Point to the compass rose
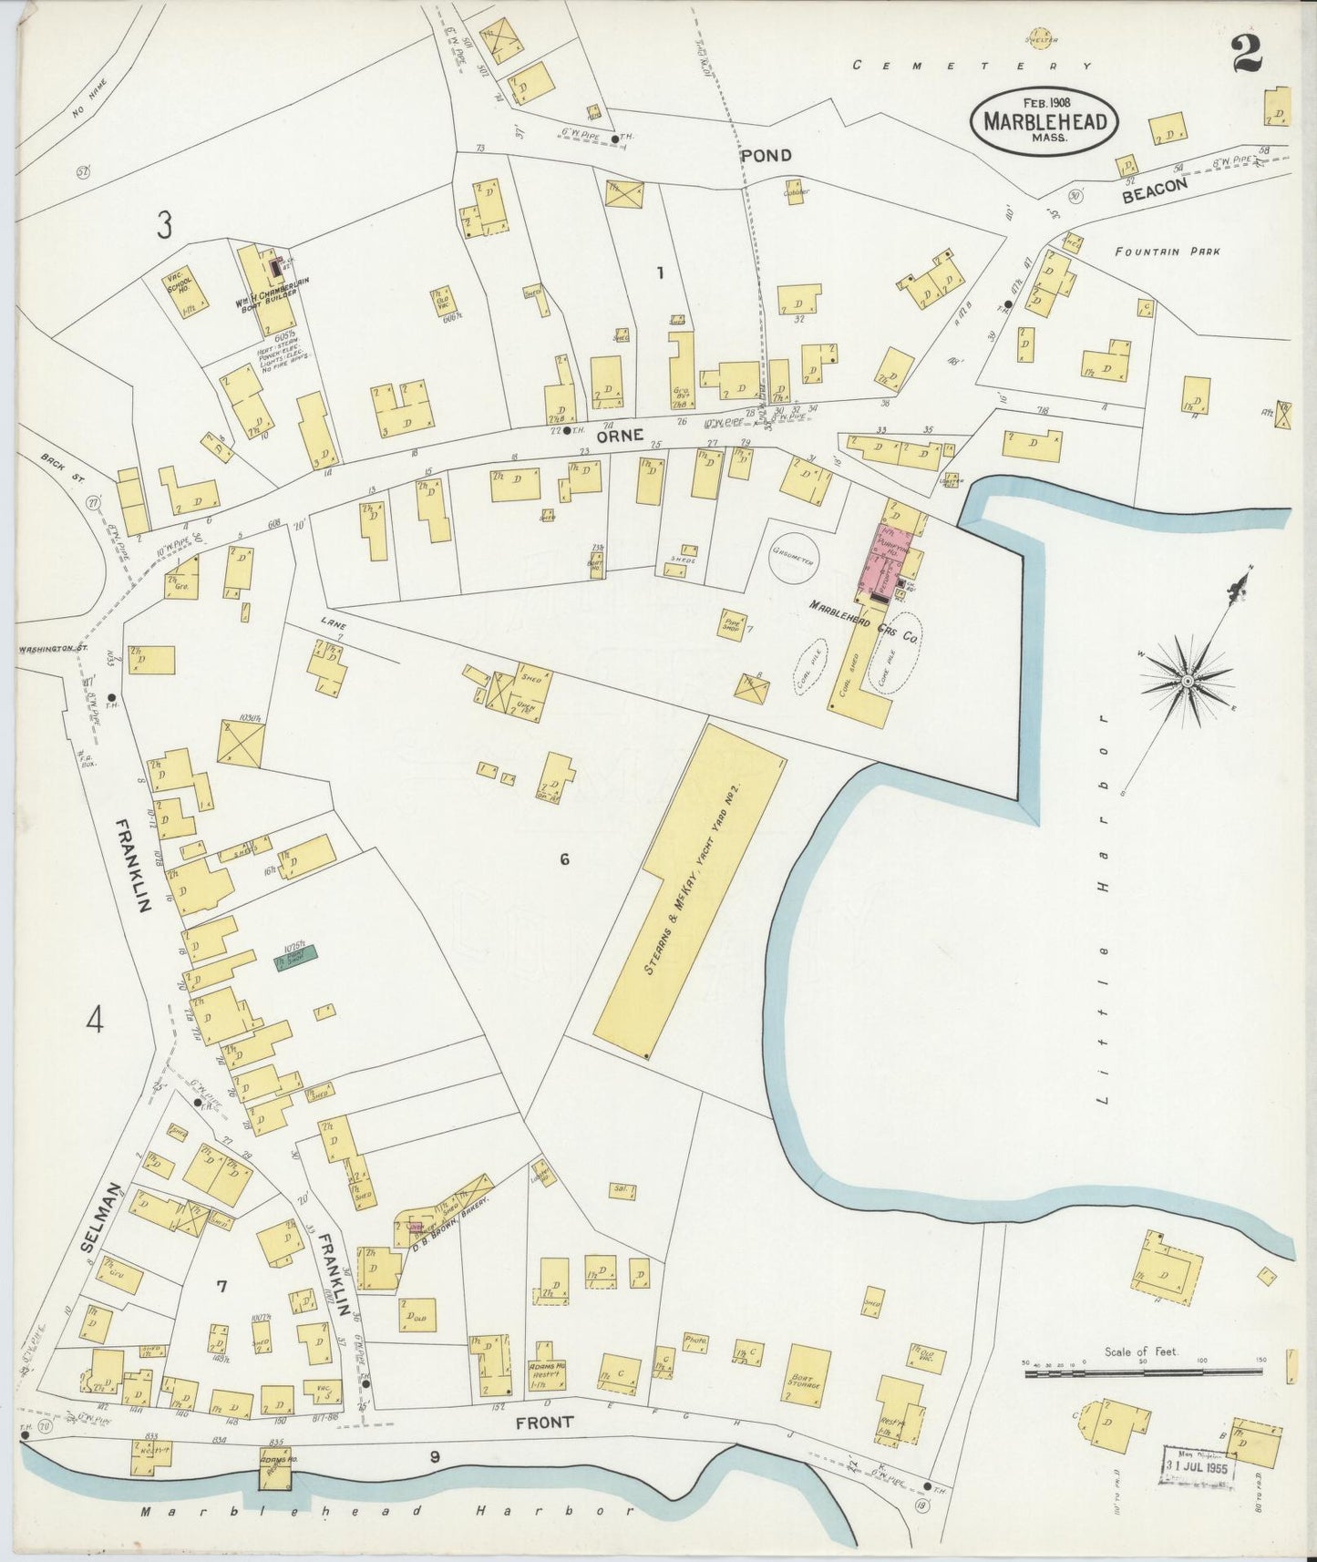coord(1189,681)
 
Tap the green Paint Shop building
coord(297,958)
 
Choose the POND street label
coord(766,156)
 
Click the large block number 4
coord(95,1022)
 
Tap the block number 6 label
coord(565,859)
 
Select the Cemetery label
coord(972,66)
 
